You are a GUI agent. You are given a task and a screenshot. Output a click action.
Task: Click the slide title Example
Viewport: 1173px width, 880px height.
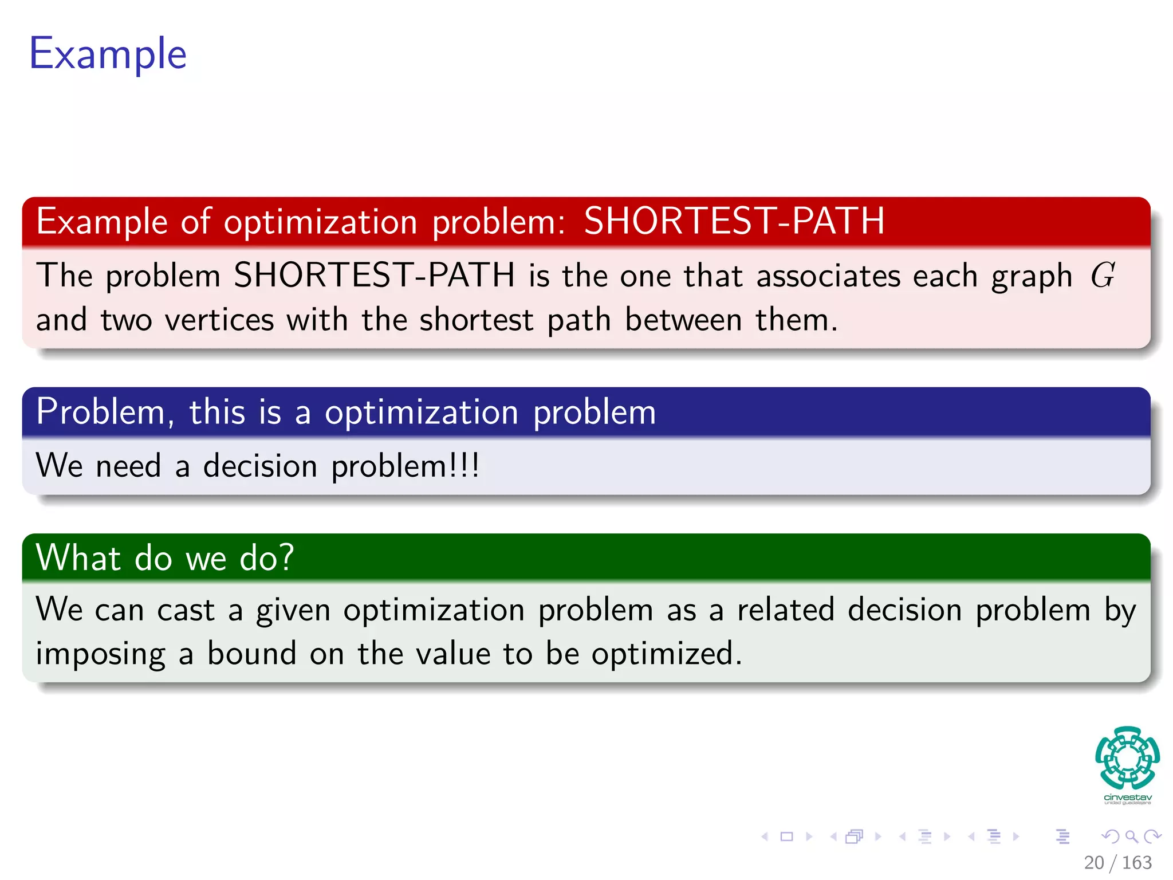coord(108,54)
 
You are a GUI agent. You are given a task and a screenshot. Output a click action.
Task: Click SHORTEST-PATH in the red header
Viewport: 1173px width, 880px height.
coord(734,221)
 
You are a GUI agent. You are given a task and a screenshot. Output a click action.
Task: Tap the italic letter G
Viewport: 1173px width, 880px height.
coord(1102,276)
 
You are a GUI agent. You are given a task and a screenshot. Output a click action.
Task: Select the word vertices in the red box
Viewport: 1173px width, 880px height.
coord(219,320)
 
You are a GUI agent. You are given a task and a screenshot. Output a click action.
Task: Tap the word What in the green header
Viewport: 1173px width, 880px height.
coord(78,557)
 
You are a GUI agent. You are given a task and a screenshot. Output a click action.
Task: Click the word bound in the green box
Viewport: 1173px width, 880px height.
coord(251,653)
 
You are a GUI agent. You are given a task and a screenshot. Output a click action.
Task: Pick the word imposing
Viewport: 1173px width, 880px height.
coord(100,654)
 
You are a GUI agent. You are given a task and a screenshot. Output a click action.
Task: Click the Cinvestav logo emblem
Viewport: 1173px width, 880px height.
coord(1127,757)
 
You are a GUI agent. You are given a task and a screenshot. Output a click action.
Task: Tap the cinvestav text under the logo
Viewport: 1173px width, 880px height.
coord(1127,797)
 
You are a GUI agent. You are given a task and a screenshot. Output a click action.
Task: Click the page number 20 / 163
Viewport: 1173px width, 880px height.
coord(1117,862)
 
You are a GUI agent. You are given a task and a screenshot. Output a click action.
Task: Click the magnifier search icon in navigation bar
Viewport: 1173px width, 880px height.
coord(1131,836)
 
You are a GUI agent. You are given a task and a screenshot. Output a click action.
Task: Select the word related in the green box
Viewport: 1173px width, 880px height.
coord(785,609)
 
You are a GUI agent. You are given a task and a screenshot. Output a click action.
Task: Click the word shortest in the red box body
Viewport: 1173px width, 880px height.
coord(476,320)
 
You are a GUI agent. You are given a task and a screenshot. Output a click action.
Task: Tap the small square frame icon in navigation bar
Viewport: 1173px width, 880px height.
coord(787,836)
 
